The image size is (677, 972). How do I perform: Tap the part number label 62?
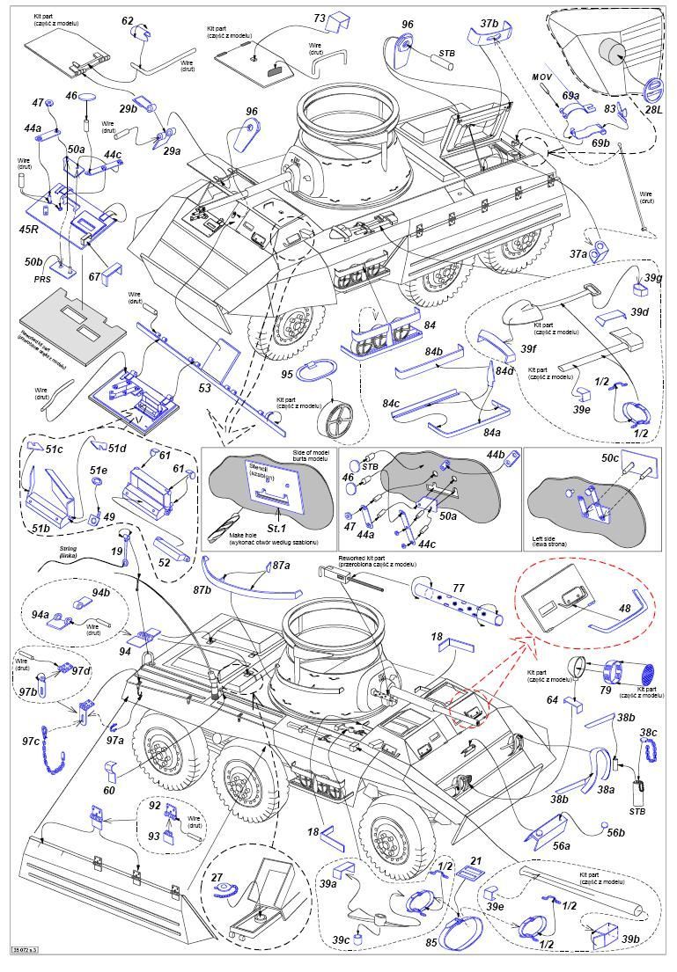(128, 21)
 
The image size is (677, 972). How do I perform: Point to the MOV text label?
(541, 77)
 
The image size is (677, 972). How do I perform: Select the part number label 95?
(286, 374)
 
